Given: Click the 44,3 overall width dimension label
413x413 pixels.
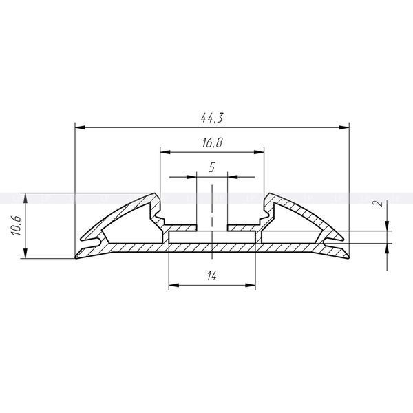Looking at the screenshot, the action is (212, 118).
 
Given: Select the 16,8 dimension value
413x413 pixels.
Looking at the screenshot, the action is (212, 142).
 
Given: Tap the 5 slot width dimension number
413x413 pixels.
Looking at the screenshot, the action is (212, 167).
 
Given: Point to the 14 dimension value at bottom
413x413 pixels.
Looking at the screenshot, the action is (212, 276).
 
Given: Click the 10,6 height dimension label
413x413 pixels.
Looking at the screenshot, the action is (16, 226).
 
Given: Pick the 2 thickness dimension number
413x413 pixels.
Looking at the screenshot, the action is (379, 203).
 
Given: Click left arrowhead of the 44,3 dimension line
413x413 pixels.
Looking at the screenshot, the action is (80, 127).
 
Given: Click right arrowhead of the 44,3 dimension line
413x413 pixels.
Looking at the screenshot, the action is (344, 127).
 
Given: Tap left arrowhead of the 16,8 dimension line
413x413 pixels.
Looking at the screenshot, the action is (165, 152).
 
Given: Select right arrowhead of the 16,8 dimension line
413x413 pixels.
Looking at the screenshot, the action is (259, 152).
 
